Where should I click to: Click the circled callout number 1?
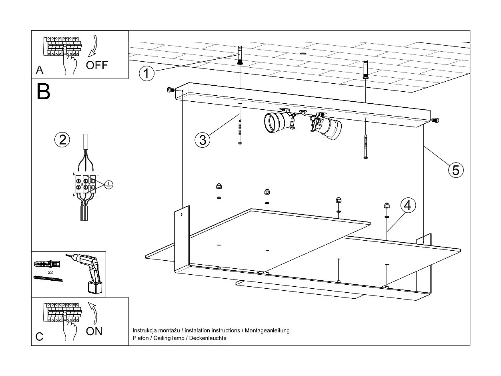(146, 74)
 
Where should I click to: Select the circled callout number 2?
(62, 140)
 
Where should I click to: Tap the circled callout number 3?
(202, 140)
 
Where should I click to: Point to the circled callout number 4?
(408, 205)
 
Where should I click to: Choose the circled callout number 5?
(455, 170)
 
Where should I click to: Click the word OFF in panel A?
(97, 65)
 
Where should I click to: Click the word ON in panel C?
(94, 331)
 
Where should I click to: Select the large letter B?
(43, 92)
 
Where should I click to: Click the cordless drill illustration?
(89, 272)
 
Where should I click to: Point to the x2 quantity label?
(50, 272)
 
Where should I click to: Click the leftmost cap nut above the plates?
(219, 186)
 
